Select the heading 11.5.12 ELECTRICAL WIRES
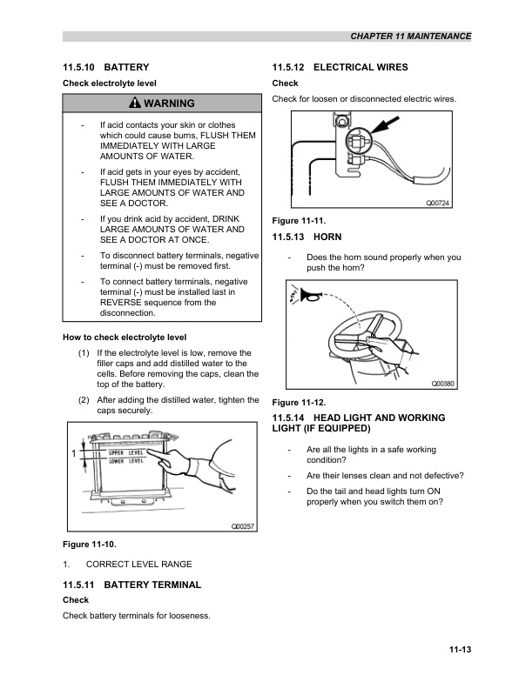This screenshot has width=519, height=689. click(340, 67)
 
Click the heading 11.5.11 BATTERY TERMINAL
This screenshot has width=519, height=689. click(131, 585)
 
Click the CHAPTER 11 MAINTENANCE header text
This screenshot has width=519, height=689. click(410, 37)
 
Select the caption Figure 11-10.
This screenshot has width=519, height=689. click(90, 545)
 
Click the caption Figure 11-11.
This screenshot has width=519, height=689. click(299, 219)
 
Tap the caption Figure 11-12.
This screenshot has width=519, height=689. click(299, 402)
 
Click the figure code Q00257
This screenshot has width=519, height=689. click(241, 526)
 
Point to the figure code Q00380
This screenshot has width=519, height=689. click(444, 384)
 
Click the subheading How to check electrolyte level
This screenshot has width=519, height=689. click(125, 337)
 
